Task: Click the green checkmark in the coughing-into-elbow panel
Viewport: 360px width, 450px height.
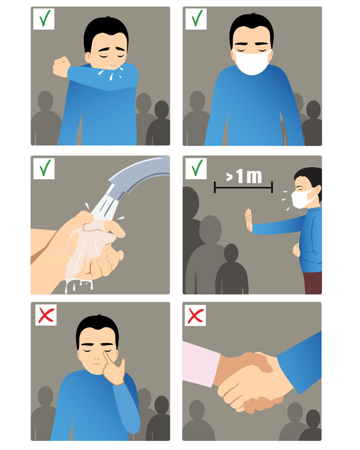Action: click(x=44, y=18)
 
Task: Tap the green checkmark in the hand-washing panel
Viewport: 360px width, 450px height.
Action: click(x=45, y=167)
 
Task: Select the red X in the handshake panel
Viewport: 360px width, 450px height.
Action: click(x=195, y=315)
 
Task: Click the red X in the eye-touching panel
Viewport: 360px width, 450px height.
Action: click(x=46, y=315)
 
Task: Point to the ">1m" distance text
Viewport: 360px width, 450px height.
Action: click(x=243, y=176)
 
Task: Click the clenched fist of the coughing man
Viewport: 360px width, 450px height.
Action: click(x=61, y=66)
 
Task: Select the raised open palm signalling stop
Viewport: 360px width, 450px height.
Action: click(x=248, y=220)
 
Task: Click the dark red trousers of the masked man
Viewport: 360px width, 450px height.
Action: click(x=312, y=282)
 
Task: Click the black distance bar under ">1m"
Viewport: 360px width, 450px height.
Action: click(x=243, y=188)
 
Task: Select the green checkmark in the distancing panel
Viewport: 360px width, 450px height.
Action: click(x=196, y=167)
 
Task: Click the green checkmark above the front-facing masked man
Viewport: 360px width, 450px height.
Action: click(x=196, y=18)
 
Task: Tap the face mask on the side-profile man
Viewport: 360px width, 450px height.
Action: click(x=301, y=198)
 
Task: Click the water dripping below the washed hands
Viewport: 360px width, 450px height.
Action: click(x=78, y=286)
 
